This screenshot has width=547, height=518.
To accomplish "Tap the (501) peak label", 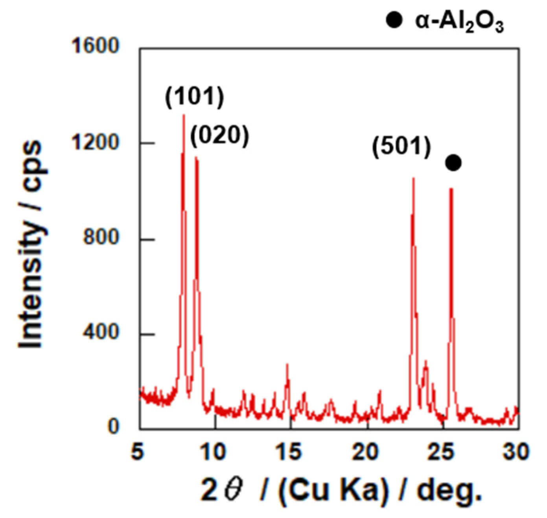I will coord(402,147).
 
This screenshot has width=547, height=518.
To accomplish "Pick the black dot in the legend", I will coord(394,20).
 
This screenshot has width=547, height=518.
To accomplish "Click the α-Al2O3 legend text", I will coord(459,22).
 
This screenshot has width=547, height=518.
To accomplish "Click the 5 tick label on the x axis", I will coord(138,452).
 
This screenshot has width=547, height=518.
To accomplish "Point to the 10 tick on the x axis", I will coord(215,452).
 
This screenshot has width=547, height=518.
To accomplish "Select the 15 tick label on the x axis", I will coord(290,452).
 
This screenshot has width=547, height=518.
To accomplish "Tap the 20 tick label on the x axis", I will coord(367,452).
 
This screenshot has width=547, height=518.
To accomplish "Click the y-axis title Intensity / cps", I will coord(31,244).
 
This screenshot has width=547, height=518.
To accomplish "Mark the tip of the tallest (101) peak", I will coord(184,115).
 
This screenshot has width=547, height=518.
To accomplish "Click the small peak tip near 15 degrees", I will coord(287,364).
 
